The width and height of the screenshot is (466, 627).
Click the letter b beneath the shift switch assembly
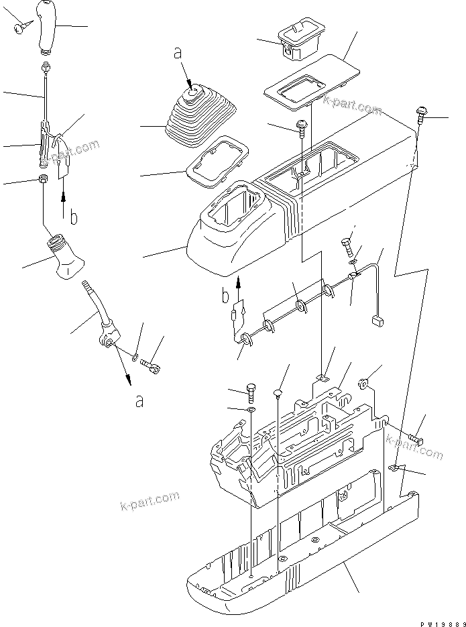coord(74,217)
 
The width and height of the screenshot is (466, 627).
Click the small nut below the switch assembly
coord(42,179)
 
